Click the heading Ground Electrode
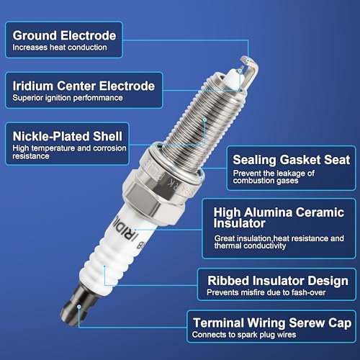64,35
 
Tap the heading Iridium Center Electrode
84,86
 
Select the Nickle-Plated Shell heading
68,136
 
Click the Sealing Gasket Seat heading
292,160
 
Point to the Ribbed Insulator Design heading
278,281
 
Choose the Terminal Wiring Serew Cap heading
272,323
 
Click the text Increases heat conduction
60,48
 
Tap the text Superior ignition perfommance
68,98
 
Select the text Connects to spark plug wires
244,335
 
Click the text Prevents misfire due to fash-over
266,292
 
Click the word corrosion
109,148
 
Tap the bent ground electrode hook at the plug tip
253,64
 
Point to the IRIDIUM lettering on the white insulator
127,230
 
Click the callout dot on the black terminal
79,307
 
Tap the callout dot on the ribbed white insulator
105,266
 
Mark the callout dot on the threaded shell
204,120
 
